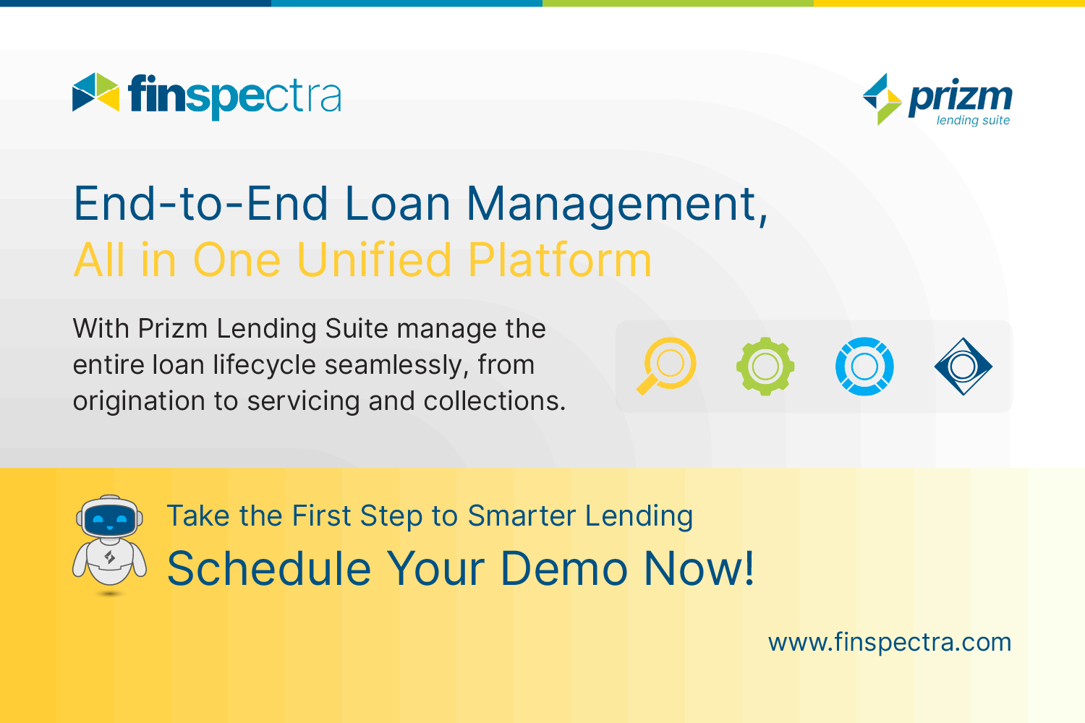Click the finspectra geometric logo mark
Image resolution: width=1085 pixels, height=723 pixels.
click(x=96, y=92)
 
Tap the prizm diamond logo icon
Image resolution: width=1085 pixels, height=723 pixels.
click(x=882, y=99)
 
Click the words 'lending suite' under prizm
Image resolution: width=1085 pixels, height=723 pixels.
click(x=973, y=121)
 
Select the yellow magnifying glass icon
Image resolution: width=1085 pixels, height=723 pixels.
click(x=666, y=366)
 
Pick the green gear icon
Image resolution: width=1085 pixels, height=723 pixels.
click(x=765, y=366)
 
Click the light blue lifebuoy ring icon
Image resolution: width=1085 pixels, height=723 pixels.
click(x=864, y=366)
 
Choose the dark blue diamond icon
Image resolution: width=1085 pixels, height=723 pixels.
click(x=963, y=366)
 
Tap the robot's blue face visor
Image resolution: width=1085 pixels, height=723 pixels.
click(x=110, y=519)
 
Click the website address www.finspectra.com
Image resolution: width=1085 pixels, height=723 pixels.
click(x=890, y=643)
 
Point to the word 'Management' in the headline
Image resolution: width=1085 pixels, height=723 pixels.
click(x=616, y=205)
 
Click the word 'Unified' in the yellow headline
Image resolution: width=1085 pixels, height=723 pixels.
click(x=375, y=260)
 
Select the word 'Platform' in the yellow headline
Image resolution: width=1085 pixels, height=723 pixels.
click(x=560, y=260)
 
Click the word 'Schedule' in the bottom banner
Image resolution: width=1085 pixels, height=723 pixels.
click(x=269, y=568)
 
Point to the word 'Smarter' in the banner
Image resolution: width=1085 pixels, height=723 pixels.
click(x=522, y=515)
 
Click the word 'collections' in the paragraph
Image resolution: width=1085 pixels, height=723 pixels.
click(x=489, y=401)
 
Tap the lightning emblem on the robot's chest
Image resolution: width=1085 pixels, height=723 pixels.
click(x=110, y=557)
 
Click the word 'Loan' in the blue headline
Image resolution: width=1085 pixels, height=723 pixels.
click(x=398, y=204)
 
